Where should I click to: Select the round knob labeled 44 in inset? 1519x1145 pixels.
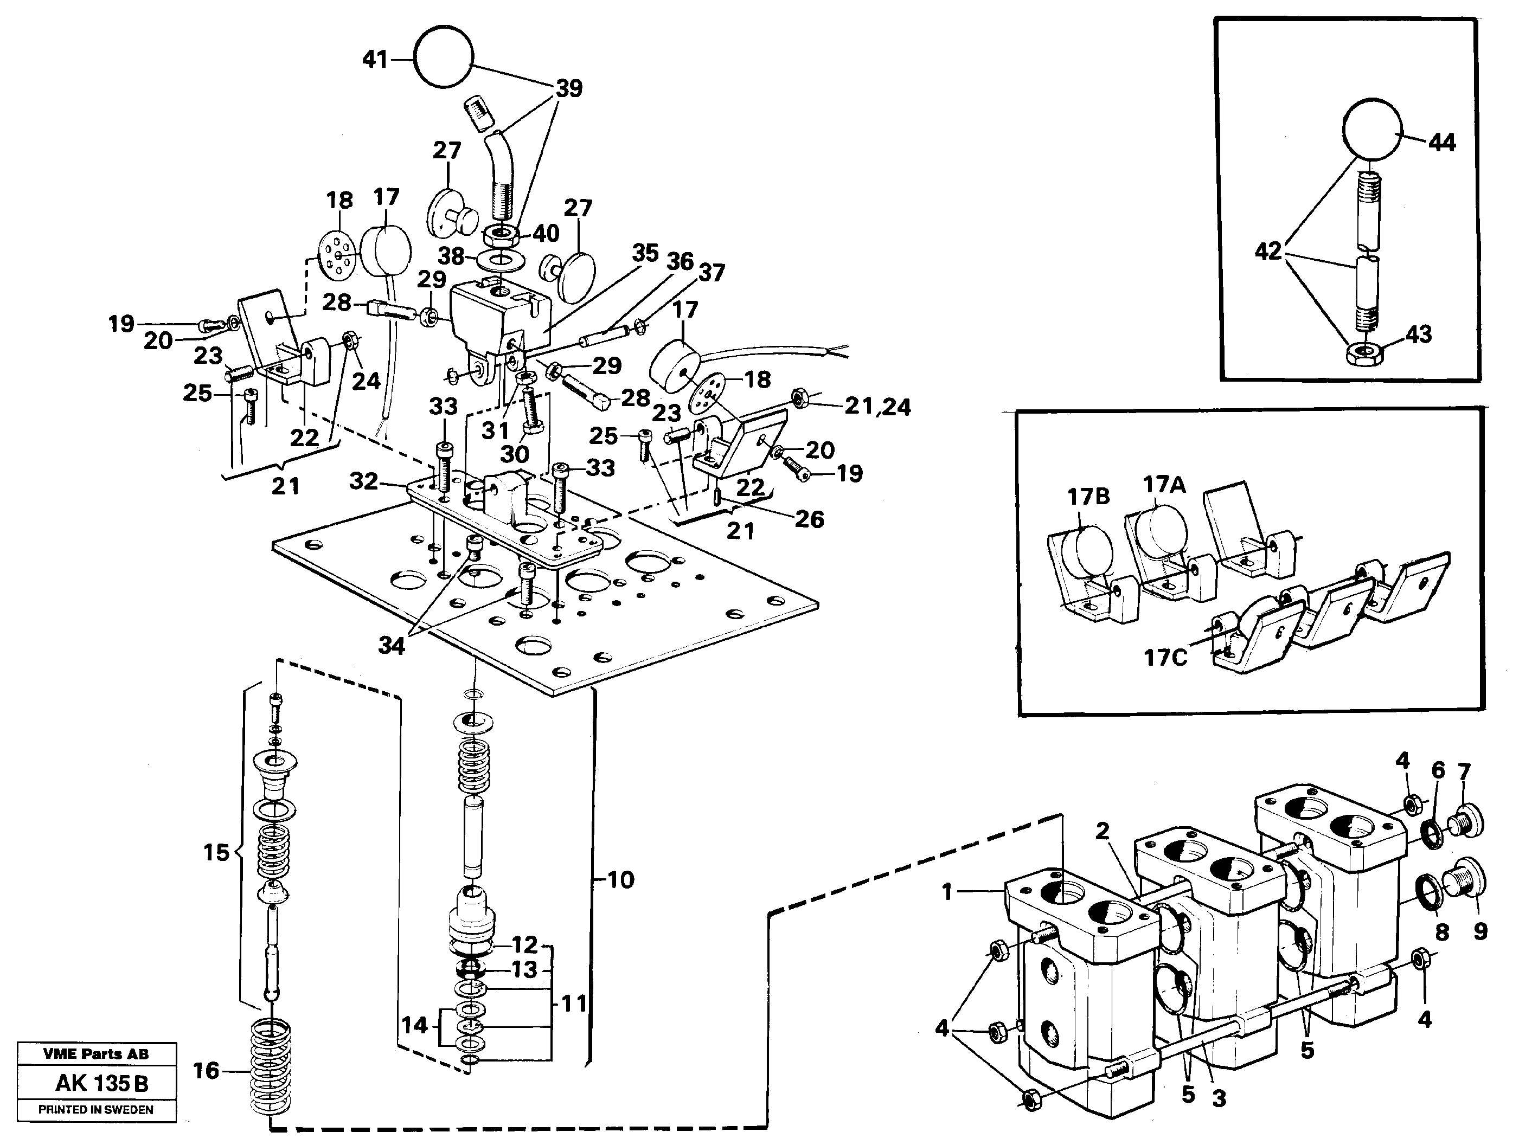point(1370,129)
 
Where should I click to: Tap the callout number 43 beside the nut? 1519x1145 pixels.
point(1418,335)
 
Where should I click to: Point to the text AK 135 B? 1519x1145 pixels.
point(101,1083)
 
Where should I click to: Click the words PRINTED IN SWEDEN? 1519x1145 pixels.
point(95,1110)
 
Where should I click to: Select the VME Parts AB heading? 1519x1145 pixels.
point(95,1054)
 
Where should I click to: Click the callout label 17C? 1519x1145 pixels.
point(1165,658)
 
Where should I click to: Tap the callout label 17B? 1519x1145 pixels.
point(1088,496)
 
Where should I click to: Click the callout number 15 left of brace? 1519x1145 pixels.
point(216,853)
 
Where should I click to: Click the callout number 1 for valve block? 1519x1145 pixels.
point(947,892)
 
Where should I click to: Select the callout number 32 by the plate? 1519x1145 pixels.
point(363,481)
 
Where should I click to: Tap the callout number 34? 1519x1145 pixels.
point(392,645)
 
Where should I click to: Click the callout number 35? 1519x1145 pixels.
point(645,253)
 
